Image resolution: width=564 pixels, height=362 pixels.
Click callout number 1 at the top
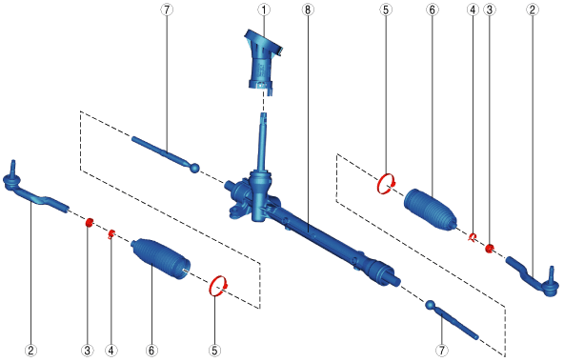pos(264,10)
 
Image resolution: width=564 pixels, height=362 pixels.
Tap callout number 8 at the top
pos(307,10)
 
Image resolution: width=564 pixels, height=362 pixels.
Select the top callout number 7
pos(167,10)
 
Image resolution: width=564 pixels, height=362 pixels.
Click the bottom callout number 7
pos(442,350)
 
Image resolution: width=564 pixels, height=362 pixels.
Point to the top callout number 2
pos(533,10)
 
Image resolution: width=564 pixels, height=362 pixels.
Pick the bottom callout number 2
pos(30,350)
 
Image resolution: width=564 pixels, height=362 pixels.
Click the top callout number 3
pos(489,10)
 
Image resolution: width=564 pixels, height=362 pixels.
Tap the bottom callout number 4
pos(111,350)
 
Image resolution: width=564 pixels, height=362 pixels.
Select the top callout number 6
pos(432,10)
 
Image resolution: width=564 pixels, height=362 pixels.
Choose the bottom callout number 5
pos(214,350)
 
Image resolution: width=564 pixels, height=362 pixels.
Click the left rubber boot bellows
pos(160,258)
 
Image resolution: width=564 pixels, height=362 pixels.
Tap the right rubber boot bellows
pos(431,209)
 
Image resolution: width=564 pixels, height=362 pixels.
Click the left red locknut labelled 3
pos(89,222)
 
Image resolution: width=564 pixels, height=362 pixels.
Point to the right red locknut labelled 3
pos(489,248)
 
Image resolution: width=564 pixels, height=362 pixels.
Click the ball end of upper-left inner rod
pos(194,168)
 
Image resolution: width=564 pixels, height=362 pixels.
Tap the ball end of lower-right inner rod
pos(430,305)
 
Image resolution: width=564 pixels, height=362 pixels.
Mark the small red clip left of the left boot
pos(111,234)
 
